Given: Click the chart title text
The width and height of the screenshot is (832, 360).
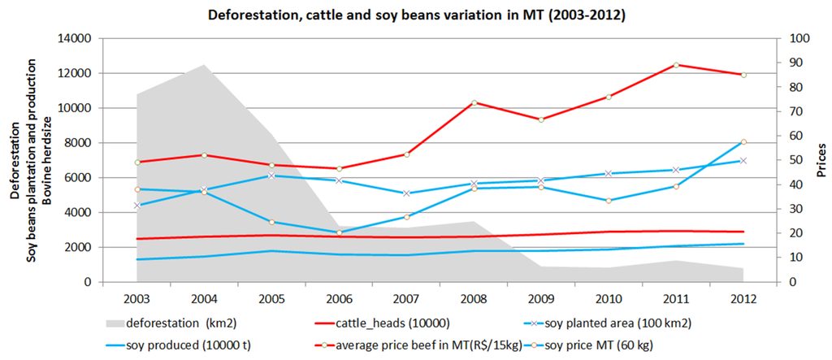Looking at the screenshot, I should pyautogui.click(x=415, y=15).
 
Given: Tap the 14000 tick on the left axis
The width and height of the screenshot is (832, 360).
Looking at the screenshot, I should pyautogui.click(x=75, y=38).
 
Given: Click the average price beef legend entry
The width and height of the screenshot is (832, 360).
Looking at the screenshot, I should pyautogui.click(x=406, y=345).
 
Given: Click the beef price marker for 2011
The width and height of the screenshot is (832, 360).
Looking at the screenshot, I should pyautogui.click(x=674, y=65).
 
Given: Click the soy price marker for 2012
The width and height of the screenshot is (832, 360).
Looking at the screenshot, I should pyautogui.click(x=742, y=142).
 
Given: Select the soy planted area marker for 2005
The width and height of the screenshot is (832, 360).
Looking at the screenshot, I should pyautogui.click(x=271, y=176).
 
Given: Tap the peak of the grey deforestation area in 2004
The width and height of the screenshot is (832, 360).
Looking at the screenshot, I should pyautogui.click(x=203, y=65).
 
